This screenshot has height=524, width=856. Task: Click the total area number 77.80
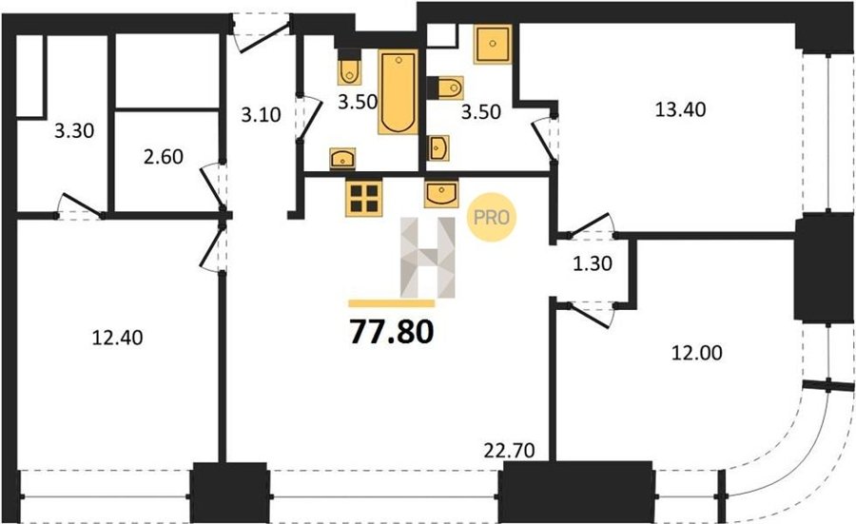pyautogui.click(x=392, y=332)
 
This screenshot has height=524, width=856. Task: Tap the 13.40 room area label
pyautogui.click(x=680, y=109)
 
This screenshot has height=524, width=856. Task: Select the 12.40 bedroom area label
pyautogui.click(x=117, y=338)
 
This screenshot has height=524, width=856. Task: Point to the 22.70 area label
pyautogui.click(x=510, y=451)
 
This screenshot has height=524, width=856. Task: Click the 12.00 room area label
pyautogui.click(x=696, y=353)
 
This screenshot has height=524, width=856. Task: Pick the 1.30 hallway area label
pyautogui.click(x=593, y=264)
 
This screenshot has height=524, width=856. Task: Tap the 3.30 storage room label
pyautogui.click(x=74, y=131)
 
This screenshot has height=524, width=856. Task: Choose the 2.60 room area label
pyautogui.click(x=164, y=157)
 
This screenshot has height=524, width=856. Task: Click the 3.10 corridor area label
pyautogui.click(x=261, y=115)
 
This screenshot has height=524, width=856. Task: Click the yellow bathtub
pyautogui.click(x=398, y=91)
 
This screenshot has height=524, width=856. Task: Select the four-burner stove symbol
pyautogui.click(x=364, y=198)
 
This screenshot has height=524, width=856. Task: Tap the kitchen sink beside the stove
pyautogui.click(x=441, y=195)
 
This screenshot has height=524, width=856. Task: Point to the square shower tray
pyautogui.click(x=493, y=44)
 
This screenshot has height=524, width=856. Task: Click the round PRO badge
pyautogui.click(x=492, y=217)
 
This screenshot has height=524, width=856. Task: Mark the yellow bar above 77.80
pyautogui.click(x=392, y=303)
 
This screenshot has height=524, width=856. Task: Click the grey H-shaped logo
pyautogui.click(x=427, y=258)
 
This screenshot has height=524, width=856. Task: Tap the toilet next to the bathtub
pyautogui.click(x=349, y=68)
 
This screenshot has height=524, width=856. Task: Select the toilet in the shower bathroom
pyautogui.click(x=445, y=87)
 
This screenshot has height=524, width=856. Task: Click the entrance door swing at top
pyautogui.click(x=262, y=34)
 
